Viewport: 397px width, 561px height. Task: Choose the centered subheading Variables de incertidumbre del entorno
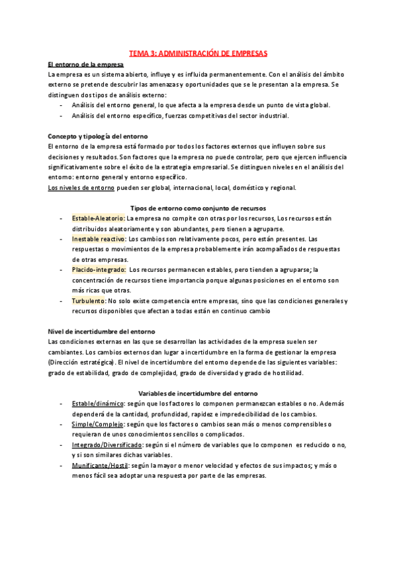click(x=198, y=393)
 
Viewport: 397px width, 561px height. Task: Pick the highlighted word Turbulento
click(x=89, y=300)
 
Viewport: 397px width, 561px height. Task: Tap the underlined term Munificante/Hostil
click(x=101, y=465)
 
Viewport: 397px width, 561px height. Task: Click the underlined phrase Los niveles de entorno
click(x=81, y=187)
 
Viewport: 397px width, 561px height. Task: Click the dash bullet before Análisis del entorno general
click(x=61, y=105)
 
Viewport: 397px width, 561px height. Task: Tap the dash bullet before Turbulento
click(x=61, y=300)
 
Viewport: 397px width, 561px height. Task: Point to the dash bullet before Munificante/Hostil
click(x=61, y=465)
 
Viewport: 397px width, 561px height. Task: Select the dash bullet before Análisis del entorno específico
click(x=61, y=116)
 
